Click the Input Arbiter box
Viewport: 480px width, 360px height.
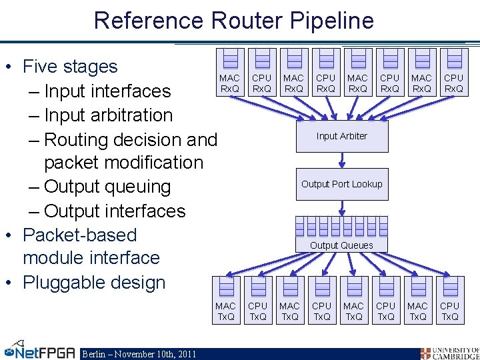click(x=342, y=136)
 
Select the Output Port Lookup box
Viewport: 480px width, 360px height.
click(x=342, y=184)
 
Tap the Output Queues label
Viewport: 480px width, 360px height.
click(x=341, y=245)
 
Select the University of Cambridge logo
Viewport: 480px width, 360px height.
click(x=449, y=352)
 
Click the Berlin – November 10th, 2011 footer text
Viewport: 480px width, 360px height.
click(x=139, y=354)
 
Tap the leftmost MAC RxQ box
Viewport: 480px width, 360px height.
click(x=230, y=73)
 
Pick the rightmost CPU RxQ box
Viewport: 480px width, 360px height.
click(x=454, y=73)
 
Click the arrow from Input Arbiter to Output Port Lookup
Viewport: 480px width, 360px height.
click(x=342, y=160)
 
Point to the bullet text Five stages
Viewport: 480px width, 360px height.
click(x=70, y=67)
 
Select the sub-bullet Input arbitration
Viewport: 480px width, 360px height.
click(x=108, y=115)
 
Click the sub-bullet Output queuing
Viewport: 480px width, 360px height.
click(x=107, y=187)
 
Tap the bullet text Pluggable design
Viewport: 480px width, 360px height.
click(x=93, y=282)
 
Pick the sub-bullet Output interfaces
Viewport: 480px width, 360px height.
click(x=114, y=211)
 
